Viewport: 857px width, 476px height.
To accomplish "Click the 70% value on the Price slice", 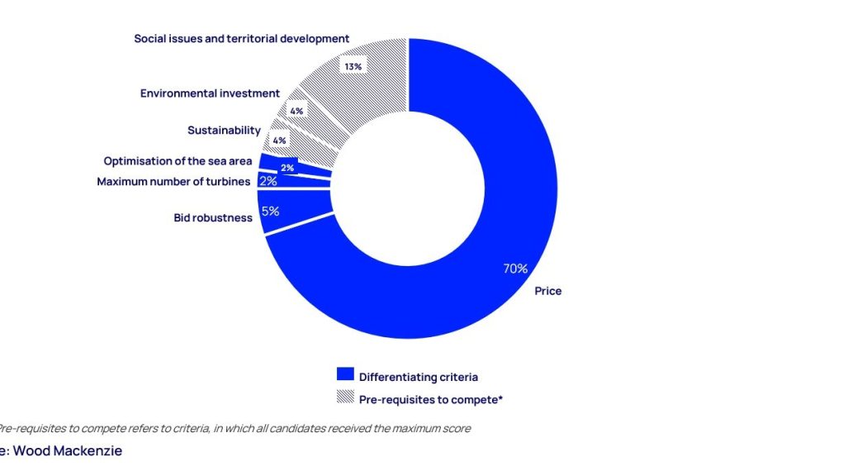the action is (x=515, y=269).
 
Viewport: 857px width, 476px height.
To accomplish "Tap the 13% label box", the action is (x=353, y=67).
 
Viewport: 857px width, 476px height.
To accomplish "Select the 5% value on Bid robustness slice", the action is (x=270, y=212).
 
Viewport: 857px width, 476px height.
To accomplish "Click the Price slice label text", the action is (x=547, y=291).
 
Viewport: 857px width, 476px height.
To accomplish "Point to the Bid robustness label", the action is (x=213, y=218).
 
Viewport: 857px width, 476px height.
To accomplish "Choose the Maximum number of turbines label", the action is (x=174, y=182).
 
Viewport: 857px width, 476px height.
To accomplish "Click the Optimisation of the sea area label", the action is (x=178, y=161).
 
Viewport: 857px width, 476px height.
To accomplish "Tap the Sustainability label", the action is (x=224, y=131).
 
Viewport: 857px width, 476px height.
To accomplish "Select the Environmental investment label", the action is (x=210, y=93).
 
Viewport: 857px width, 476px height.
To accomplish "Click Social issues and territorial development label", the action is (x=242, y=39).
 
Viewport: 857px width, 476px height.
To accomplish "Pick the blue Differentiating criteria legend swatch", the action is (x=345, y=374).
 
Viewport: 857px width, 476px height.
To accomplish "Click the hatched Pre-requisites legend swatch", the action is (x=345, y=396).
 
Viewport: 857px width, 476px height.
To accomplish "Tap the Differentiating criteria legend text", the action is (x=418, y=377).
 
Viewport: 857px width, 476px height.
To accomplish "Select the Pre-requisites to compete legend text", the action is (x=431, y=400).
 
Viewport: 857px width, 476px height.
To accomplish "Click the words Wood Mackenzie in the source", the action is (x=68, y=451).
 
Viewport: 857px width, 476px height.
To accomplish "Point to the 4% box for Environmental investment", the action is (x=296, y=111).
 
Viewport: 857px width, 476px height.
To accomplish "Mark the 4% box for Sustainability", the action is (x=279, y=140).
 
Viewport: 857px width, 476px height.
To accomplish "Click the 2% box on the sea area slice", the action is (x=287, y=168).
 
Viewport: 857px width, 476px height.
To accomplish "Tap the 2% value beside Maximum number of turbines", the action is (x=268, y=181).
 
